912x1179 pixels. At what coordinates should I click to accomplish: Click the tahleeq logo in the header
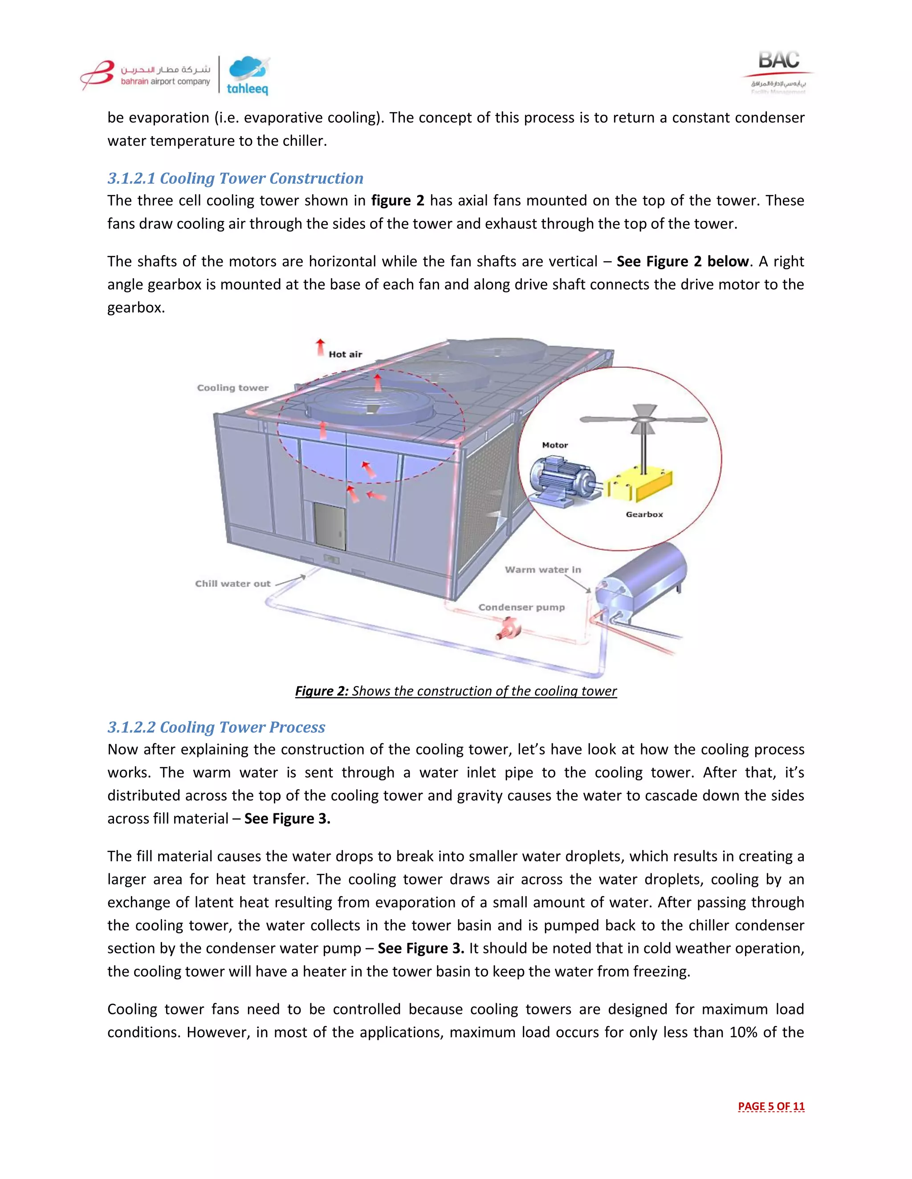tap(248, 76)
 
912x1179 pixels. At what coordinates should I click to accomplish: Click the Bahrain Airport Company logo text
tap(165, 76)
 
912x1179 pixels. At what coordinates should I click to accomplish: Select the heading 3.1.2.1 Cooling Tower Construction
tap(235, 178)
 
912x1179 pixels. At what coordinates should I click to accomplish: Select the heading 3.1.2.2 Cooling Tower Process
tap(216, 727)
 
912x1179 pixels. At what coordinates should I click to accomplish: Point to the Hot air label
tap(345, 355)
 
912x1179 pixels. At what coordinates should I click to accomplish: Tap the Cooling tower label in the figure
tap(232, 388)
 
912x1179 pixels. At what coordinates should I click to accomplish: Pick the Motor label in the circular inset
tap(555, 445)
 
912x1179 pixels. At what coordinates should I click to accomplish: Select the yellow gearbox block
tap(640, 485)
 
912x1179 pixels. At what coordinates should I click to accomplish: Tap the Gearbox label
tap(644, 514)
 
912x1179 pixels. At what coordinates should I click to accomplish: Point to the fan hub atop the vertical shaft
tap(643, 419)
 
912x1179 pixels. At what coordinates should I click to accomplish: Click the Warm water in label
tap(542, 569)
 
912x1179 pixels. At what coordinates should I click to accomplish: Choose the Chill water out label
tap(232, 584)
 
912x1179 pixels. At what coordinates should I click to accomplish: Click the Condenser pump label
tap(521, 607)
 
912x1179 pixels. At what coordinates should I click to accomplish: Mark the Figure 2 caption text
tap(456, 691)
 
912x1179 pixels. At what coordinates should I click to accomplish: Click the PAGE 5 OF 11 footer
tap(770, 1106)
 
